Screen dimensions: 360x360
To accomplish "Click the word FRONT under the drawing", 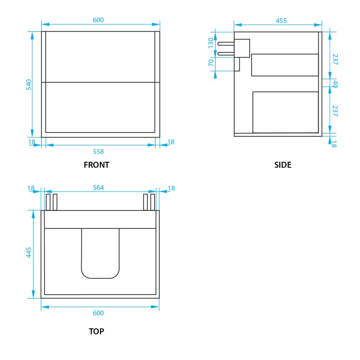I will point(96,165).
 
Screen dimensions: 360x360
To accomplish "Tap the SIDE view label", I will point(283,165).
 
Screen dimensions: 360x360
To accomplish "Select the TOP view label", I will point(96,331).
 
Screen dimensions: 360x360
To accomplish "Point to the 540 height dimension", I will point(28,85).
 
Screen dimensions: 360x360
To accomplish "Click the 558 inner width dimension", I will point(98,152).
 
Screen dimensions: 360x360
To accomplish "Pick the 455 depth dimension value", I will point(281,21).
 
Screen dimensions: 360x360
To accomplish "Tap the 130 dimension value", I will point(211,43).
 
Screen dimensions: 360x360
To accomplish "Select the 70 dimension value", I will point(211,62).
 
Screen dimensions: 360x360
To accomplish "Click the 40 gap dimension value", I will point(335,84).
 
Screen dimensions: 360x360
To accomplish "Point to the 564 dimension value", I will point(98,187).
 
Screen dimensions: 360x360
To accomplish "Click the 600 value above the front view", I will point(98,20).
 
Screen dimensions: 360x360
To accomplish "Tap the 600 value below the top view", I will point(98,313).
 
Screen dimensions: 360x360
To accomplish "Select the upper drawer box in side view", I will point(285,65).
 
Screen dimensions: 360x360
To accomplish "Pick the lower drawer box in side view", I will point(286,112).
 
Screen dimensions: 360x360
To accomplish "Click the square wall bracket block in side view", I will point(242,48).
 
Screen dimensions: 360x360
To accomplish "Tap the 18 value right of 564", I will point(171,189).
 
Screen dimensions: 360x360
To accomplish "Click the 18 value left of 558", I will point(32,142).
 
